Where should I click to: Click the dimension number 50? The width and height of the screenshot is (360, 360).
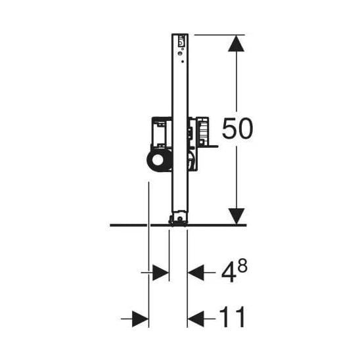[237, 128]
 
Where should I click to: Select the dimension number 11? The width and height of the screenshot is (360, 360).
[233, 317]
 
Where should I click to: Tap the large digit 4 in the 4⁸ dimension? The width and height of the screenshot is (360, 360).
[229, 273]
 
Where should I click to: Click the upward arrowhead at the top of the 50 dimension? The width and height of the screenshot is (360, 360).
[236, 43]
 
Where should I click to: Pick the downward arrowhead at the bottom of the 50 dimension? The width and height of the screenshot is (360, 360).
[236, 216]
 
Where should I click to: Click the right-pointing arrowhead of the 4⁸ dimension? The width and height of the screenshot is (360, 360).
[161, 273]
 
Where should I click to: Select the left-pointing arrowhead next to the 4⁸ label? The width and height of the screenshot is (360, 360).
[196, 273]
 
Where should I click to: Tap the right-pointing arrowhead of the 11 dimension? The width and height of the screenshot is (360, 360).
[141, 319]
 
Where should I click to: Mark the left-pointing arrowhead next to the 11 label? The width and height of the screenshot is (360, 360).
[196, 319]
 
